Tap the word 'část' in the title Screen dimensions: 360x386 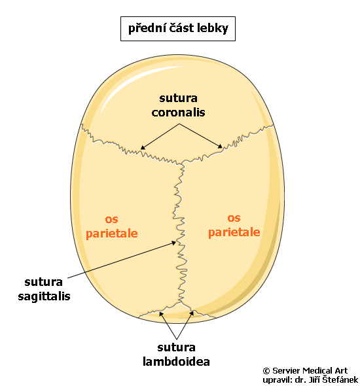pyautogui.click(x=181, y=27)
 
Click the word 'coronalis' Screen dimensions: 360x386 pyautogui.click(x=178, y=113)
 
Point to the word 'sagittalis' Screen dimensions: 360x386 pyautogui.click(x=44, y=296)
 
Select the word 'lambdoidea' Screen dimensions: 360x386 pyautogui.click(x=176, y=362)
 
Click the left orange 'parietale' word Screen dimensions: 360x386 pyautogui.click(x=111, y=234)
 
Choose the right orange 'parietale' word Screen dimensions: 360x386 pyautogui.click(x=234, y=232)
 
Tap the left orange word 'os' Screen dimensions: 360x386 pyautogui.click(x=111, y=219)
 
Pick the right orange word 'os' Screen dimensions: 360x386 pyautogui.click(x=234, y=218)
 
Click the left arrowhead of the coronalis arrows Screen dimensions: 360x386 pyautogui.click(x=142, y=147)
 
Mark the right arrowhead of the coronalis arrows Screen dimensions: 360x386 pyautogui.click(x=220, y=147)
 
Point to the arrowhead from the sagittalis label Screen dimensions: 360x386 pyautogui.click(x=174, y=243)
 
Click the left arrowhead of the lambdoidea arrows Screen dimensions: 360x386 pyautogui.click(x=161, y=313)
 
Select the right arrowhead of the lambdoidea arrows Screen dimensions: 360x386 pyautogui.click(x=192, y=313)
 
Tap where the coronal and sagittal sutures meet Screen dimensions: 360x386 pyautogui.click(x=182, y=163)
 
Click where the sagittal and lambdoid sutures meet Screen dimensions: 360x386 pyautogui.click(x=181, y=302)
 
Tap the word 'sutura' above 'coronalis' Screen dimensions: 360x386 pyautogui.click(x=178, y=98)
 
